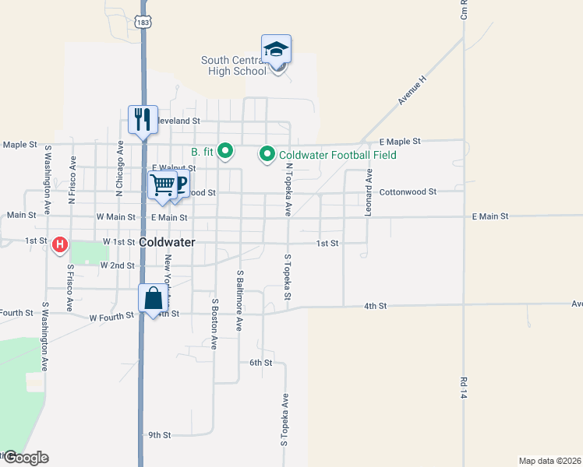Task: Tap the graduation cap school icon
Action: point(276,49)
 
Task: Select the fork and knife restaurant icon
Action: point(143,119)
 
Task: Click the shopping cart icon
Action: point(163,185)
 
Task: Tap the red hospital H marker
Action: point(59,246)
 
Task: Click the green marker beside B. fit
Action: point(225,150)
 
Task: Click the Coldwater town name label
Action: point(167,243)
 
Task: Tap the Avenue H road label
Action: point(413,90)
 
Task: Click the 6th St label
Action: point(260,363)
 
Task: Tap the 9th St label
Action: point(159,434)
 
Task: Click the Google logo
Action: point(26,458)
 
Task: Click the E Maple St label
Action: point(400,142)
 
